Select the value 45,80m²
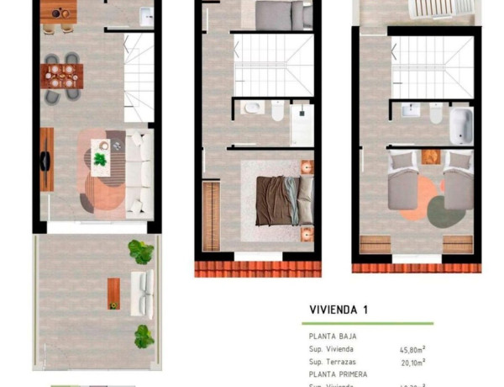point(412,349)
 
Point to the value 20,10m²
point(412,362)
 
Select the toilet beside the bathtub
point(435,113)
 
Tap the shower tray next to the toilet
point(302,125)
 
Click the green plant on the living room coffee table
point(101,159)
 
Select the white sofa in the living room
point(141,170)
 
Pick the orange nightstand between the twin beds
point(432,156)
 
